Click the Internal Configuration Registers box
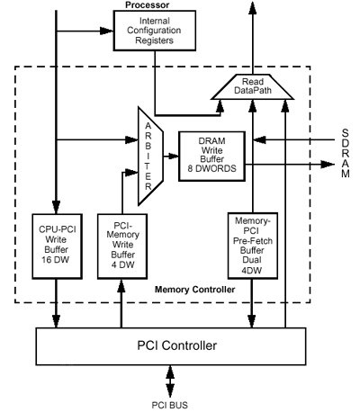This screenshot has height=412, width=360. point(155,31)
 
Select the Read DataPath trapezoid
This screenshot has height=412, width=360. point(253,86)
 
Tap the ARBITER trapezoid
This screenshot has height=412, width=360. point(150,157)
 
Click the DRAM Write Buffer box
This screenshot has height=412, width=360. point(211,157)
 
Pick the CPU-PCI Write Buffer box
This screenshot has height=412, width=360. point(57,246)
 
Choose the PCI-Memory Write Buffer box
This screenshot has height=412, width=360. point(122,246)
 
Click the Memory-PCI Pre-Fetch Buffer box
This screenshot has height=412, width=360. point(253,246)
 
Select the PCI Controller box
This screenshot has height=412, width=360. point(171,346)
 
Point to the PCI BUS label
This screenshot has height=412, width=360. point(169,405)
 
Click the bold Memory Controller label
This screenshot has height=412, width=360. point(195,290)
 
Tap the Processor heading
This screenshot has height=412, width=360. point(147,4)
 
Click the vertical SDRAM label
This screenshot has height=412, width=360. point(346,153)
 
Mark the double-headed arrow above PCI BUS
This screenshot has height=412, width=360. point(170,381)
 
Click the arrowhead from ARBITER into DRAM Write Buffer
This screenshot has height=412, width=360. point(174,157)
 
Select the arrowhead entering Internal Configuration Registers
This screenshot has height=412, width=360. point(107,31)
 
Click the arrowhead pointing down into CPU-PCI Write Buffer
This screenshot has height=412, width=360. point(56,207)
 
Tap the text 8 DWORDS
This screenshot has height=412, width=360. point(211,168)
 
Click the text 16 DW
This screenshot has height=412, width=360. point(56,259)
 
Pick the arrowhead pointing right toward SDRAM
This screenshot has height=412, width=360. point(328,165)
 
